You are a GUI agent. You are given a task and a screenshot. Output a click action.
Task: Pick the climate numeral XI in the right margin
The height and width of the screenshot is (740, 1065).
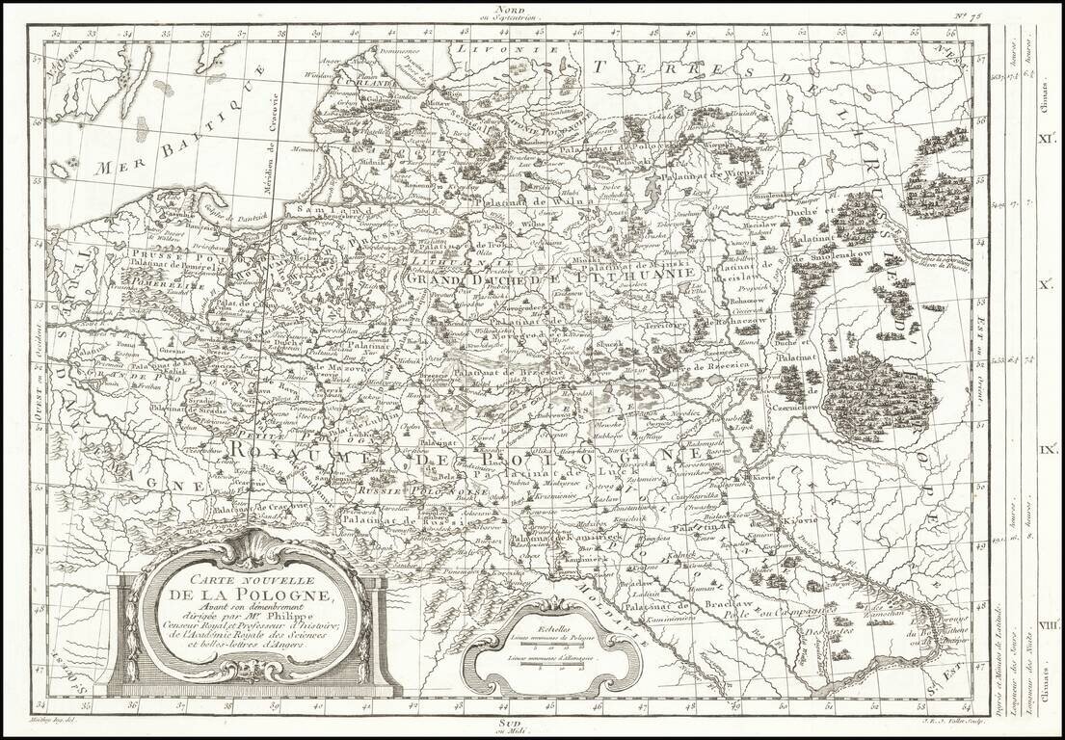tap(1043, 138)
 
